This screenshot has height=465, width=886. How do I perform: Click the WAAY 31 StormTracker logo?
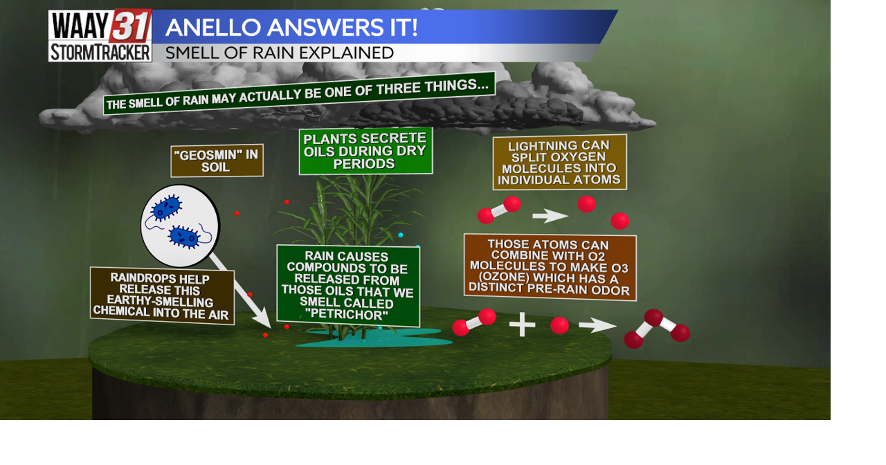(x=100, y=36)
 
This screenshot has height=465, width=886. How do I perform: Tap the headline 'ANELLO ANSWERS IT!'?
(x=291, y=28)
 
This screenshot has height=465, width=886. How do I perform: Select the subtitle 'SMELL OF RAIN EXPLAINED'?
(x=280, y=53)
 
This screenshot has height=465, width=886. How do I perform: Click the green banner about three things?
(x=300, y=93)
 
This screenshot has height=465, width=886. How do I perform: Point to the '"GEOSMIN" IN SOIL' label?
(x=217, y=161)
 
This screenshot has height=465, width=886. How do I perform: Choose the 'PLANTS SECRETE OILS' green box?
(x=365, y=150)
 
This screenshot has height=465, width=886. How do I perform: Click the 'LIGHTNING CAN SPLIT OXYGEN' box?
(x=559, y=162)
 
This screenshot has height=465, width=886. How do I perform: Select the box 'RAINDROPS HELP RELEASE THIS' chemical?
(x=162, y=295)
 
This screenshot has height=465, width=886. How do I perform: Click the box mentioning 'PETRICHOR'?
(x=347, y=285)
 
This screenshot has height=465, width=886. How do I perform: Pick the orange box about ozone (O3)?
(x=550, y=266)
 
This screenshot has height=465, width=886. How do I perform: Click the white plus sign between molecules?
(x=522, y=325)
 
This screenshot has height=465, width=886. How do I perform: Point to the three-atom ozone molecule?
(x=656, y=328)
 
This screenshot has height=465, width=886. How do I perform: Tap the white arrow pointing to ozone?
(x=597, y=325)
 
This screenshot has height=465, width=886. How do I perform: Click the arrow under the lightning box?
(x=550, y=216)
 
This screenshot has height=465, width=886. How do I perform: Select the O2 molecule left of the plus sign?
(x=474, y=322)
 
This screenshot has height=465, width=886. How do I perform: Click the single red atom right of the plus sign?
(x=559, y=325)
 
